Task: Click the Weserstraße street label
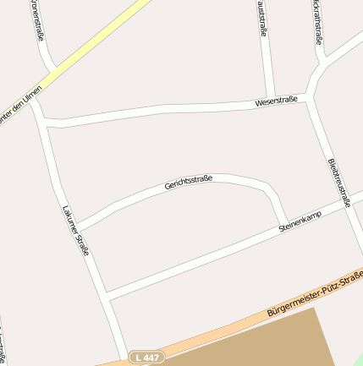pos(276,101)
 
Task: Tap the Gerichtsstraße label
pos(188,182)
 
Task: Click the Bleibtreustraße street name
pos(338,183)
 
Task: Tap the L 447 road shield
pos(146,358)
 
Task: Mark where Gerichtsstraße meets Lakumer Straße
pos(77,227)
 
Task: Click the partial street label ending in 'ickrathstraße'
pos(317,21)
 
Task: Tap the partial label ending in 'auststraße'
pos(262,19)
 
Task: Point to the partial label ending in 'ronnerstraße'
pos(37,21)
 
